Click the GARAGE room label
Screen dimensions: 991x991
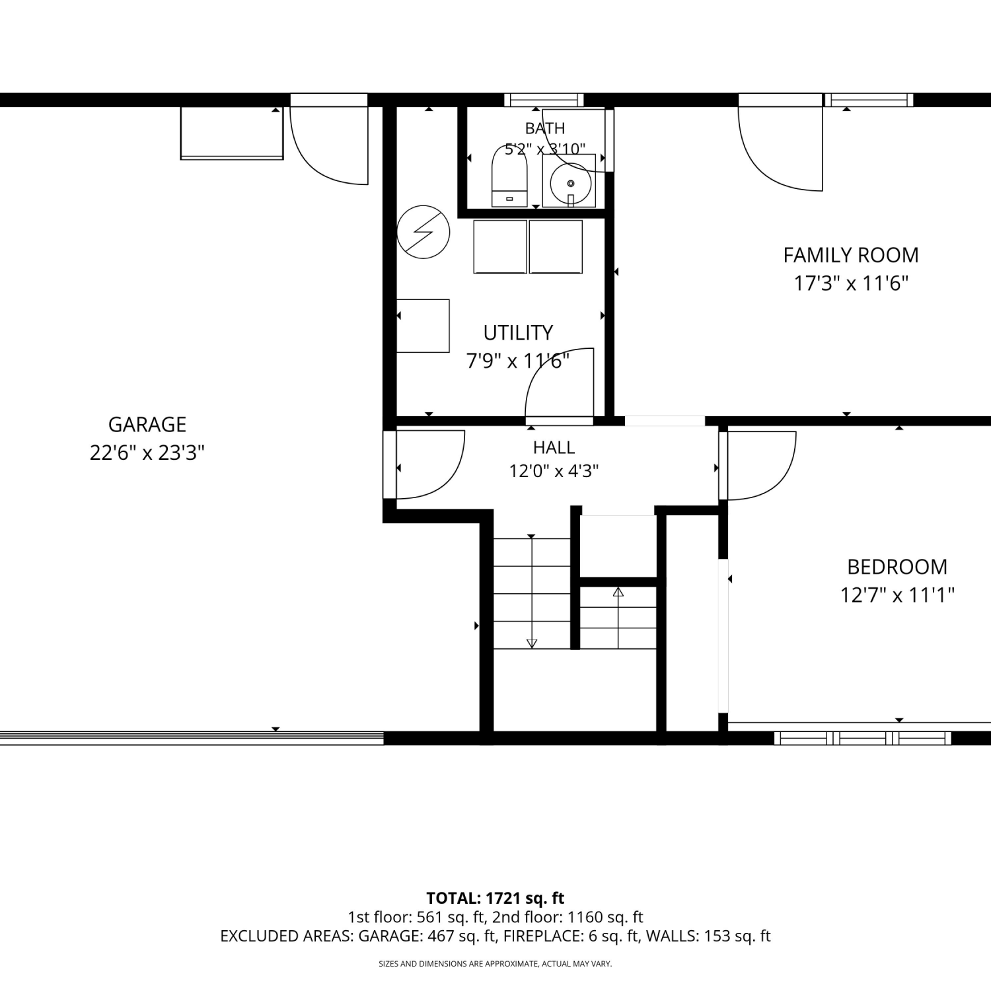coord(147,424)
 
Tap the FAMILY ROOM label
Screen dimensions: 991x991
coord(851,255)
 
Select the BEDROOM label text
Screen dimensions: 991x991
coord(897,567)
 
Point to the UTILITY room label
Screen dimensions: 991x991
coord(518,332)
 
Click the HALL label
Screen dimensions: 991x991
coord(554,448)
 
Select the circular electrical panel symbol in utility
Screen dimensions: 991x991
coord(423,232)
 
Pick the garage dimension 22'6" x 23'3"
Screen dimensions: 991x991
coord(147,453)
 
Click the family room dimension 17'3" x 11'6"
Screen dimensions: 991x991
coord(851,284)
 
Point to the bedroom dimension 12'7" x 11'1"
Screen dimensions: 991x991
coord(897,596)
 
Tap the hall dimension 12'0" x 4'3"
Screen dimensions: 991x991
coord(554,471)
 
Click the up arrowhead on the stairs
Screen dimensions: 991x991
coord(618,592)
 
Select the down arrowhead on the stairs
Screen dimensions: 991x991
coord(532,643)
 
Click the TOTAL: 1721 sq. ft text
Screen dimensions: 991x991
coord(495,899)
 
